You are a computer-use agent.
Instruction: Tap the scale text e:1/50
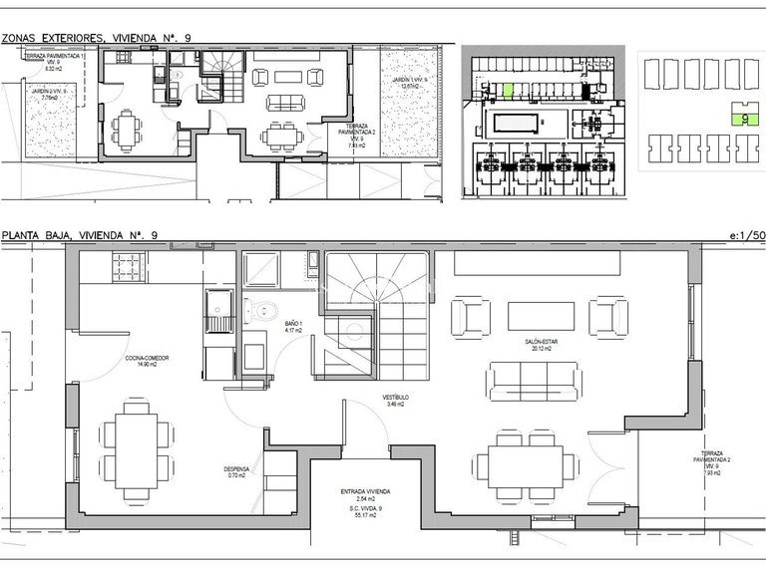[x=746, y=235]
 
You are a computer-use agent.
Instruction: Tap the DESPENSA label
[x=236, y=470]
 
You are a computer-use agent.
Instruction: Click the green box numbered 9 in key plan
[x=745, y=117]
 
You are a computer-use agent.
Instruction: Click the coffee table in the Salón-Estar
[x=542, y=316]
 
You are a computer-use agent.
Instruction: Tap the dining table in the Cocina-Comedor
[x=133, y=444]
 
